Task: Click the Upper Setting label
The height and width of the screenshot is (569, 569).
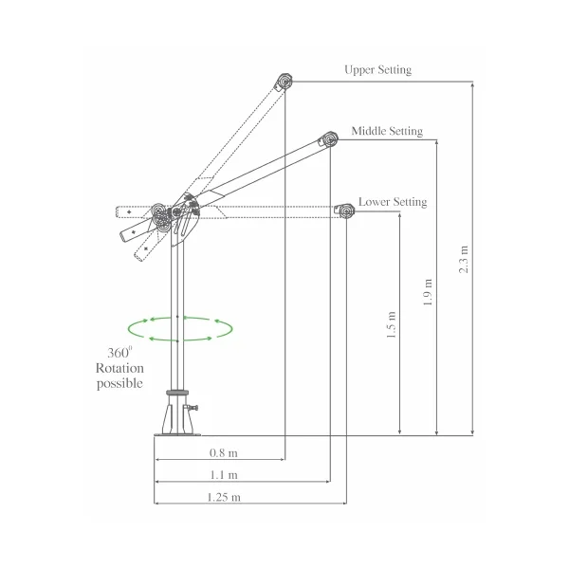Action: pyautogui.click(x=378, y=70)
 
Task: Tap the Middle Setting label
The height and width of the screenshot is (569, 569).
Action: pyautogui.click(x=387, y=131)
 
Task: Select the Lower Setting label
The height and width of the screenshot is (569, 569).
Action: pyautogui.click(x=393, y=202)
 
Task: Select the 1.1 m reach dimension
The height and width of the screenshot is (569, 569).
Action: pyautogui.click(x=225, y=475)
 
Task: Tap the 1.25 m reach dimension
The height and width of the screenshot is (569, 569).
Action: pyautogui.click(x=224, y=497)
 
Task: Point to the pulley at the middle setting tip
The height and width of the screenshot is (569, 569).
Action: pyautogui.click(x=329, y=141)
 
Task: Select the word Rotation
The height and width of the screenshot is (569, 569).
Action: pyautogui.click(x=119, y=368)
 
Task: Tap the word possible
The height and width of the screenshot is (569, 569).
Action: pyautogui.click(x=119, y=383)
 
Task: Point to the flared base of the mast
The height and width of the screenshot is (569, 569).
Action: pyautogui.click(x=177, y=417)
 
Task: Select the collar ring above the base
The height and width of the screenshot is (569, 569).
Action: pyautogui.click(x=176, y=392)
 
